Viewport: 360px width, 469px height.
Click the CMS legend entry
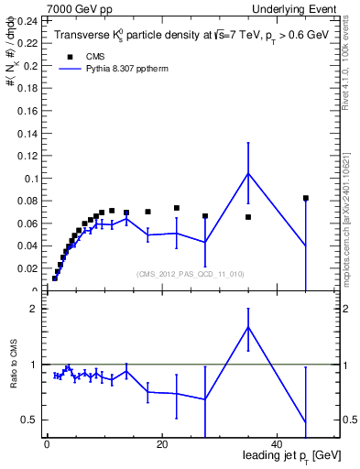pyautogui.click(x=83, y=55)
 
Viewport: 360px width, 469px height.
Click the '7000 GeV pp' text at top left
pyautogui.click(x=73, y=8)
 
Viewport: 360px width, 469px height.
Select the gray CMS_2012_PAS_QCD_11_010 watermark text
pyautogui.click(x=190, y=274)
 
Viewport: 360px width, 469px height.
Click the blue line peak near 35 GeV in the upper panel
pyautogui.click(x=248, y=173)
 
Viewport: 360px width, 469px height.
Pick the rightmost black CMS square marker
pyautogui.click(x=306, y=198)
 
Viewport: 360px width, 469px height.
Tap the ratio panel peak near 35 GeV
pyautogui.click(x=248, y=327)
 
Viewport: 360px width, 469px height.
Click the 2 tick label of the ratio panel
pyautogui.click(x=32, y=309)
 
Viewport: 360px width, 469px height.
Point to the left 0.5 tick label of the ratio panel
pyautogui.click(x=27, y=420)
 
